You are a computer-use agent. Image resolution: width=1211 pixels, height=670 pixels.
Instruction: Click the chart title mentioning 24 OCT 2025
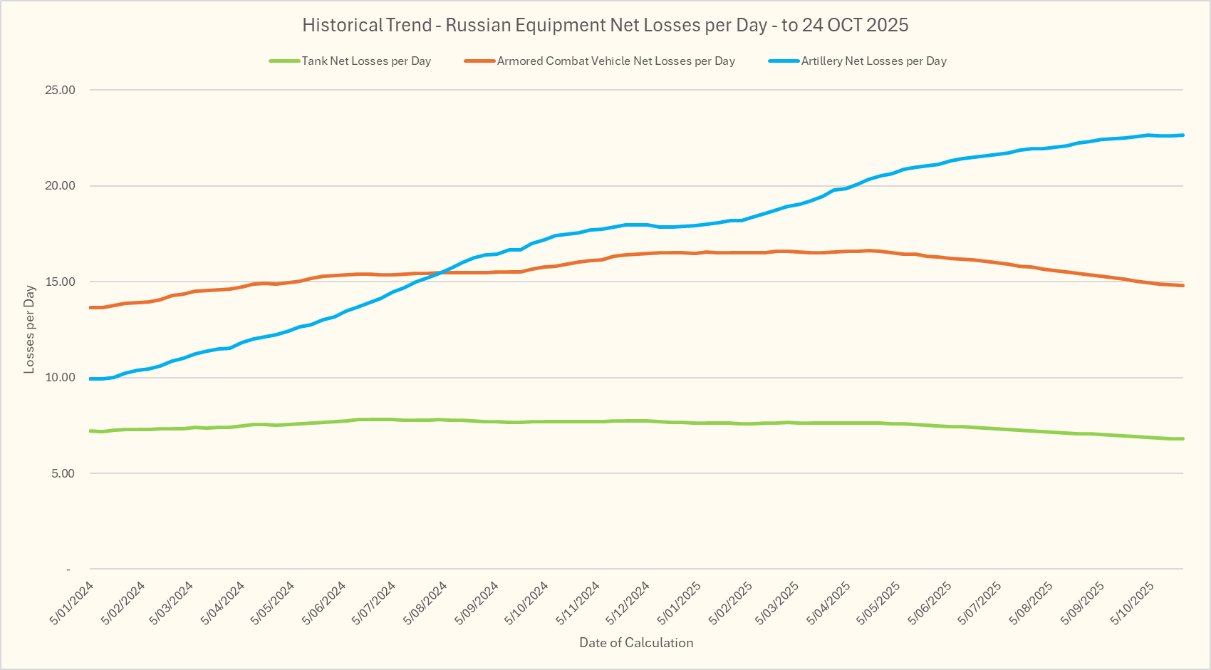tap(605, 26)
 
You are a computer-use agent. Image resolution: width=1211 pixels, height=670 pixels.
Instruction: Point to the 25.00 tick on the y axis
tap(60, 91)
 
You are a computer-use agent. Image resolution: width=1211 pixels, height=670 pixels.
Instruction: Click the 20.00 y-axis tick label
tap(60, 186)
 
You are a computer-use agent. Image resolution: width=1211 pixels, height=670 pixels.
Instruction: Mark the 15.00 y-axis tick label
tap(60, 282)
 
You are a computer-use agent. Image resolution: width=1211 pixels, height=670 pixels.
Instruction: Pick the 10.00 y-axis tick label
tap(60, 378)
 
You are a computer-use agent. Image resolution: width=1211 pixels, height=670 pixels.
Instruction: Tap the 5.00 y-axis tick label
tap(62, 474)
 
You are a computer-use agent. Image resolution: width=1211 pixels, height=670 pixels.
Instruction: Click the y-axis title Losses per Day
tap(29, 329)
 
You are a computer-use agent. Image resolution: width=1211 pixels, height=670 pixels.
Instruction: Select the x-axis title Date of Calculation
tap(636, 643)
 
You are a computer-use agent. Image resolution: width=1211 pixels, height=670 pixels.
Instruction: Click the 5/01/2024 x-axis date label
tap(72, 603)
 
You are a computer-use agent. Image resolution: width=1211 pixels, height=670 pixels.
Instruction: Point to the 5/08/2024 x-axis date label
tap(425, 603)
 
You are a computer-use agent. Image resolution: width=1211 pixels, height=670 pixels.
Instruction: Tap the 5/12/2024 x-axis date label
tap(628, 603)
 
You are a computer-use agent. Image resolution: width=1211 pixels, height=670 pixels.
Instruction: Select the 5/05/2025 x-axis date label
tap(879, 603)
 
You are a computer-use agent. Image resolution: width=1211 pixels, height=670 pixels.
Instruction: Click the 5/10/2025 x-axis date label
tap(1133, 603)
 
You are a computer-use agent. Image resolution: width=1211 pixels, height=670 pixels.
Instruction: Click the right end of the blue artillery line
tap(1183, 135)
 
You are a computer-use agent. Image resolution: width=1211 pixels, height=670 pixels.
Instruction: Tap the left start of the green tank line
tap(90, 431)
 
